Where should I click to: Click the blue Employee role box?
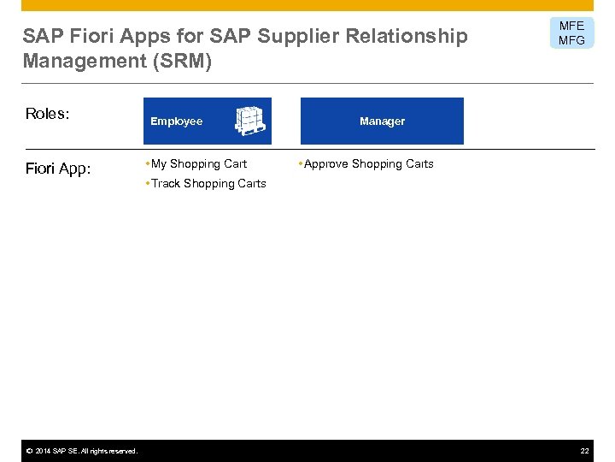click(x=207, y=121)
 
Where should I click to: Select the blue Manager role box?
click(x=382, y=121)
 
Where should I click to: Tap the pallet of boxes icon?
click(x=251, y=121)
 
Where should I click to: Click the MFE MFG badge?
click(x=571, y=33)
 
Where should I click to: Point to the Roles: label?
click(x=48, y=115)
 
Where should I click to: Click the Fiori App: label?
click(x=57, y=169)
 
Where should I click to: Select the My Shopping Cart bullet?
click(x=198, y=163)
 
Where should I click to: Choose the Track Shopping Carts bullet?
click(x=208, y=183)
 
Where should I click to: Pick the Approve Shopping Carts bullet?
click(x=368, y=163)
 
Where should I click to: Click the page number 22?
click(x=584, y=451)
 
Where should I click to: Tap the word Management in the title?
click(x=76, y=62)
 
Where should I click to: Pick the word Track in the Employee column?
click(x=165, y=183)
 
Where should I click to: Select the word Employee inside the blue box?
click(x=176, y=121)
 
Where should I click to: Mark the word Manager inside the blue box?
click(x=382, y=121)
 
